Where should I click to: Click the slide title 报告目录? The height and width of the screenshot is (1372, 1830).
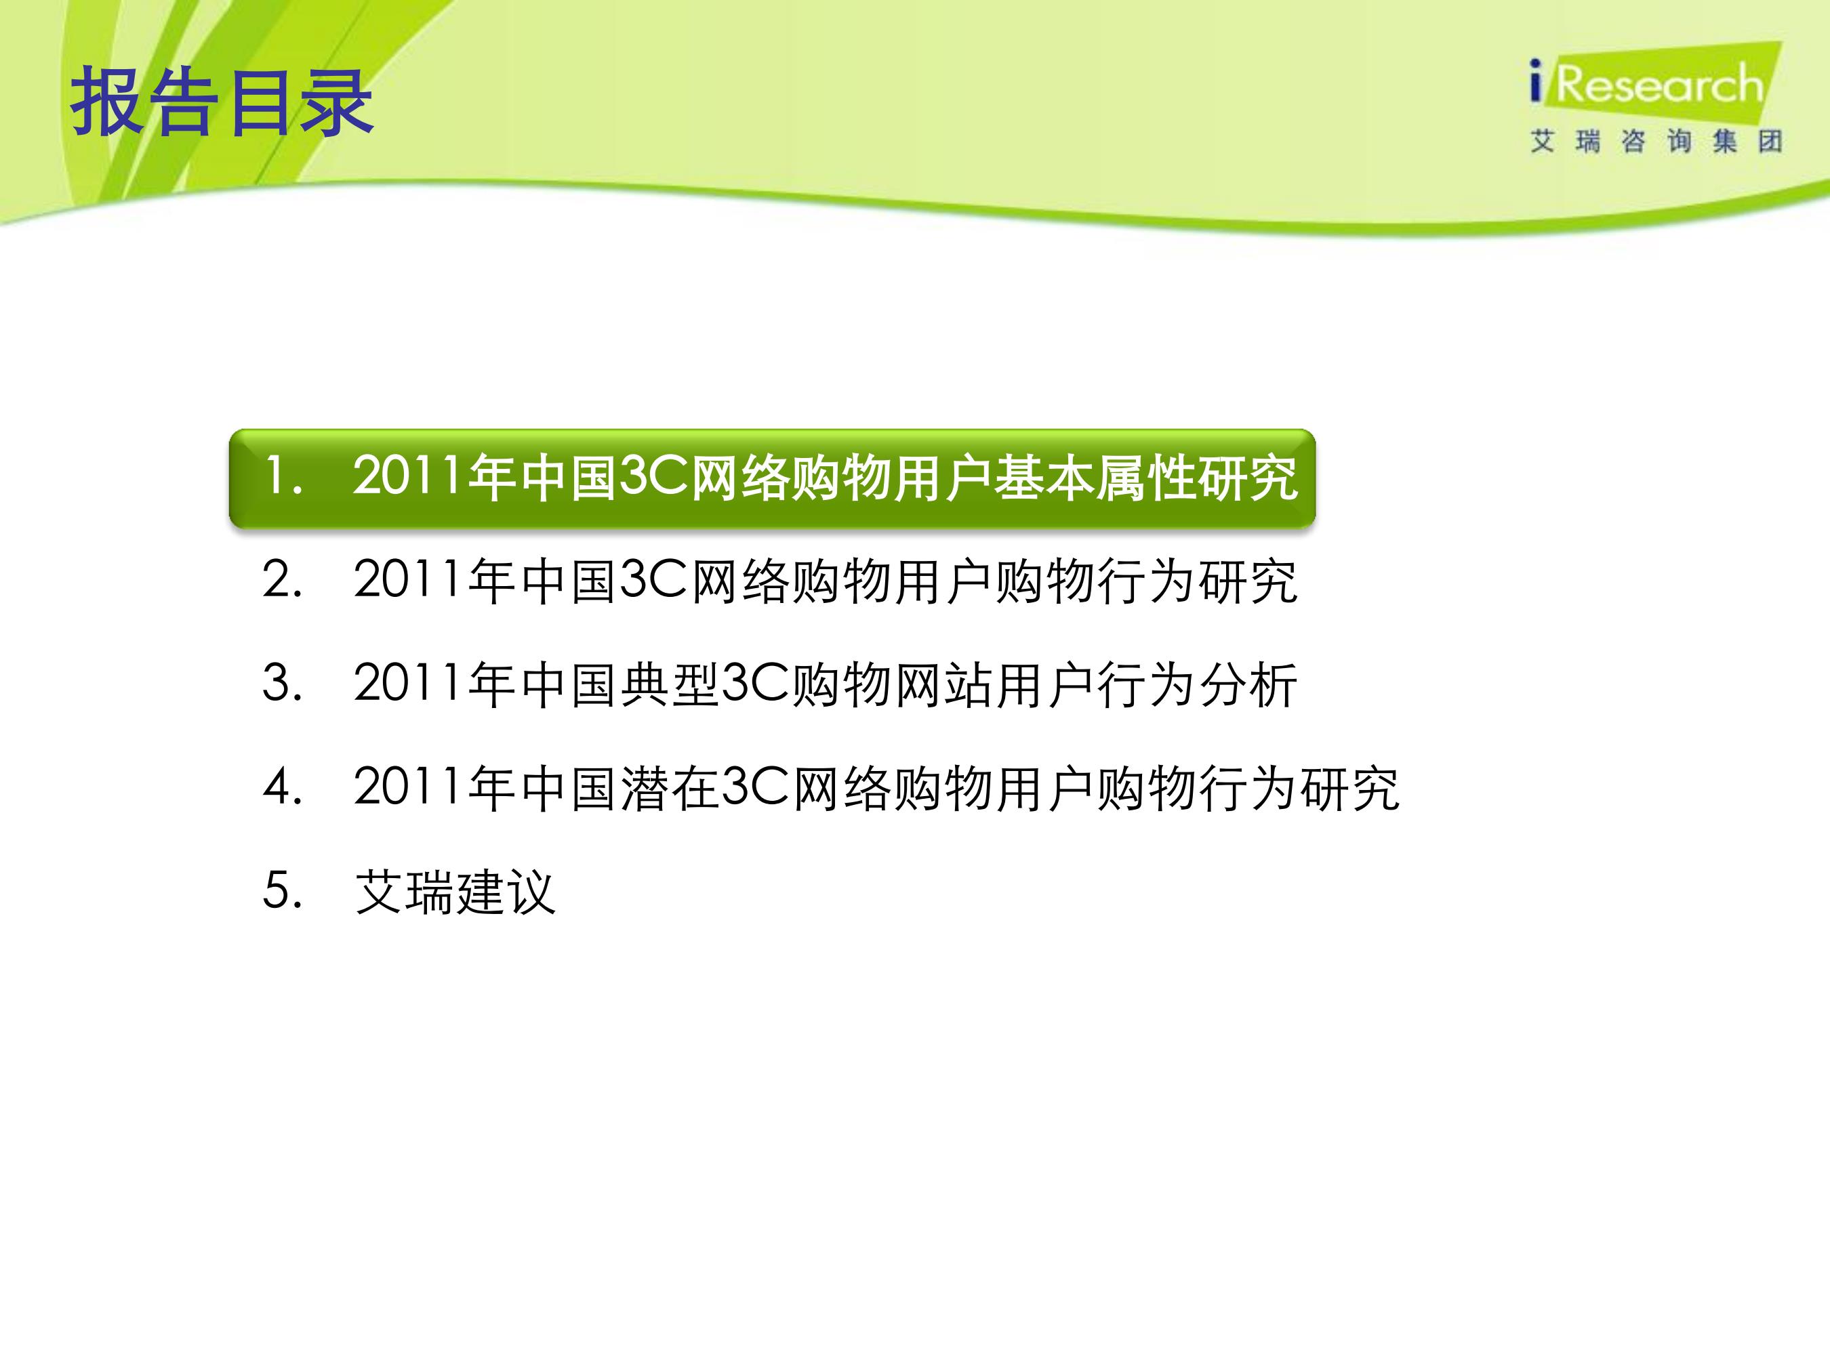coord(222,102)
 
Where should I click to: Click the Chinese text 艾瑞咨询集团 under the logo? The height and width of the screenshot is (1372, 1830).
coord(1655,142)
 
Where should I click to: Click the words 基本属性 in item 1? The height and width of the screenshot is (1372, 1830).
coord(1095,478)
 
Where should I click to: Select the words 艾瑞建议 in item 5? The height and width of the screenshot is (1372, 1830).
coord(455,892)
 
